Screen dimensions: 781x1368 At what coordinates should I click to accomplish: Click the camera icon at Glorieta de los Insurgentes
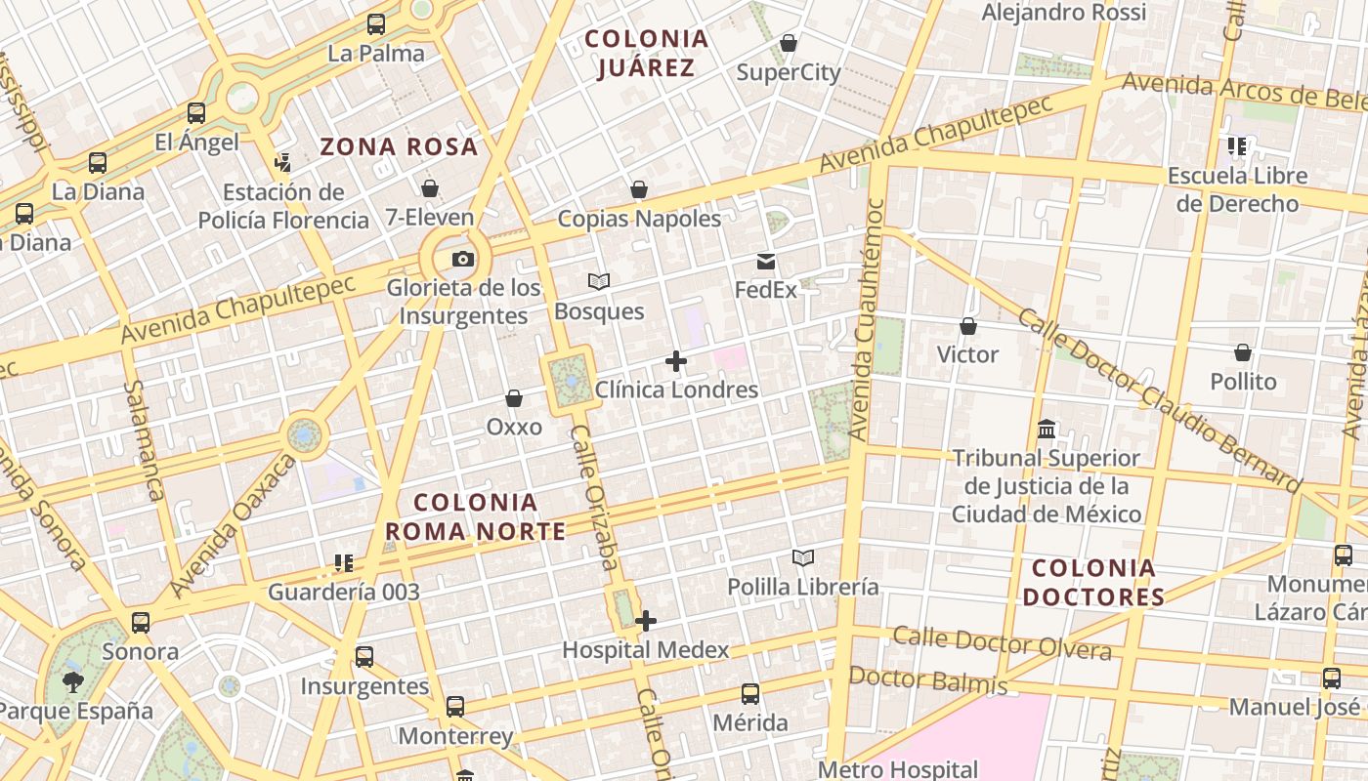click(463, 259)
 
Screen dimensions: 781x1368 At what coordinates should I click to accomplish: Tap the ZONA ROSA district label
click(399, 147)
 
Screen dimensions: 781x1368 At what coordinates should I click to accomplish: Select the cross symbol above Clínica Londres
click(675, 362)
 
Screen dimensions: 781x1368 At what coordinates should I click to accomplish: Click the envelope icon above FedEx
click(766, 262)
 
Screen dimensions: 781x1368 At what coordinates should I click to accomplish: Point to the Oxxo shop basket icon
click(514, 398)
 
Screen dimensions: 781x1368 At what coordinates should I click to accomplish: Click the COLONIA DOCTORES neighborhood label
click(1098, 582)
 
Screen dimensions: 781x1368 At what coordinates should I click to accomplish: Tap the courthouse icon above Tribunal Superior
click(1047, 430)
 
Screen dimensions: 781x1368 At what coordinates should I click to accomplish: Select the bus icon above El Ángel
click(196, 113)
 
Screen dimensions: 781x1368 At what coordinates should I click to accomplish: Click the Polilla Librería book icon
click(803, 558)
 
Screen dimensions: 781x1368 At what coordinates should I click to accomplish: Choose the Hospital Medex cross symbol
click(645, 621)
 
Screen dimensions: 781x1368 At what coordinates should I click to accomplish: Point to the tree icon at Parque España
click(72, 681)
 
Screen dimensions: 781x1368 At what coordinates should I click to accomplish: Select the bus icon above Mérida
click(750, 694)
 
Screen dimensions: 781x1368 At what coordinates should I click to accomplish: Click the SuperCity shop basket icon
click(789, 44)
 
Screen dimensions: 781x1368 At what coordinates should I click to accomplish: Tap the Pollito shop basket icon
click(1243, 352)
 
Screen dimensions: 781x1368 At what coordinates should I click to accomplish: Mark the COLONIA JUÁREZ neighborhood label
click(646, 53)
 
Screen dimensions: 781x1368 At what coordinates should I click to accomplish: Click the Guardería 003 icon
click(343, 563)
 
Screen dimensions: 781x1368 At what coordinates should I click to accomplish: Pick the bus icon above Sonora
click(141, 623)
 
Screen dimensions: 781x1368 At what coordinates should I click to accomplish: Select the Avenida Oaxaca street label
click(233, 527)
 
